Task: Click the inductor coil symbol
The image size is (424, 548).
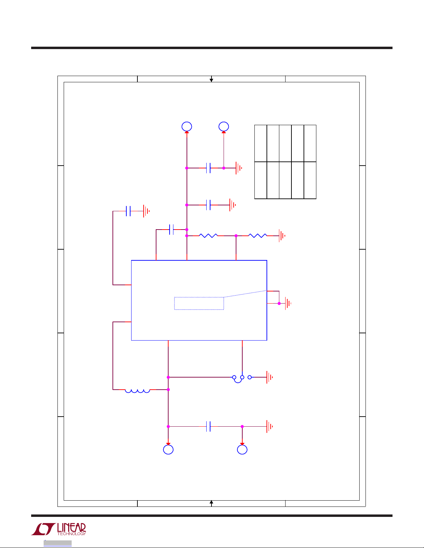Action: (137, 391)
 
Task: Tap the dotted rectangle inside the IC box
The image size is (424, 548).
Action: (199, 303)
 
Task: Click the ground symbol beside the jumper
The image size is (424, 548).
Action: (269, 377)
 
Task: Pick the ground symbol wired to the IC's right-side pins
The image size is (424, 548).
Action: (288, 304)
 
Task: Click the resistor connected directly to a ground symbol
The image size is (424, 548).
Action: (258, 236)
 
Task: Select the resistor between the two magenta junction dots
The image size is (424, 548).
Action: (208, 236)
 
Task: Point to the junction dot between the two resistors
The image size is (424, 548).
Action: (236, 236)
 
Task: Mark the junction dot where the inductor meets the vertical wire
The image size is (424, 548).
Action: (168, 390)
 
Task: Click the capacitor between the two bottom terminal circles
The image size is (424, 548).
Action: (208, 427)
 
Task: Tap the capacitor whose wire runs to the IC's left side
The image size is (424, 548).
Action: (128, 211)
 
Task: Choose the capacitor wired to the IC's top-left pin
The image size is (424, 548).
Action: (171, 230)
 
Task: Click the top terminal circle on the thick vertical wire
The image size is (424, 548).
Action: (187, 127)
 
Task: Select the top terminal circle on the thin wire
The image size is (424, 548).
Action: (224, 127)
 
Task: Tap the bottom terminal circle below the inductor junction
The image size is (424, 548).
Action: (168, 449)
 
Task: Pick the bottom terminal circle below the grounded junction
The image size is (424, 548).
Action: (242, 449)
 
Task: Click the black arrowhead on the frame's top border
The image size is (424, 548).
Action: (211, 80)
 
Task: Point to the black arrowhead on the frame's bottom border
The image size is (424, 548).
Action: (211, 502)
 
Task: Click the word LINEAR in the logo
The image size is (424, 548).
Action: (71, 528)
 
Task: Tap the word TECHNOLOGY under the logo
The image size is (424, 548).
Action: (71, 534)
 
